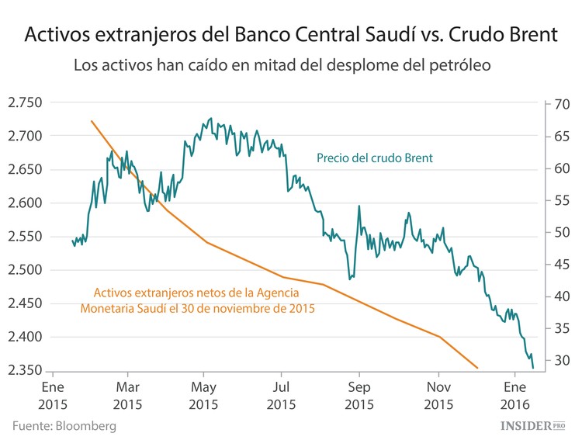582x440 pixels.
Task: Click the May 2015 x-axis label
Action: coord(203,393)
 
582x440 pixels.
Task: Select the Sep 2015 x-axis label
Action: coord(359,393)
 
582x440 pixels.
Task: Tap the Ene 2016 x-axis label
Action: coord(515,393)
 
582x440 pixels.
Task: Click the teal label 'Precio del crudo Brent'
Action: coord(374,158)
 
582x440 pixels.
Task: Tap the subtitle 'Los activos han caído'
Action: coord(282,65)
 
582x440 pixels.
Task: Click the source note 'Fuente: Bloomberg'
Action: coord(64,426)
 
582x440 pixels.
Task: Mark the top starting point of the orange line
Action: coord(92,121)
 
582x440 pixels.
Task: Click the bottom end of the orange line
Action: coord(477,368)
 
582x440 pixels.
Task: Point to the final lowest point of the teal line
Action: coord(533,368)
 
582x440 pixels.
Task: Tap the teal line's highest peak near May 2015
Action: coord(211,119)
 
